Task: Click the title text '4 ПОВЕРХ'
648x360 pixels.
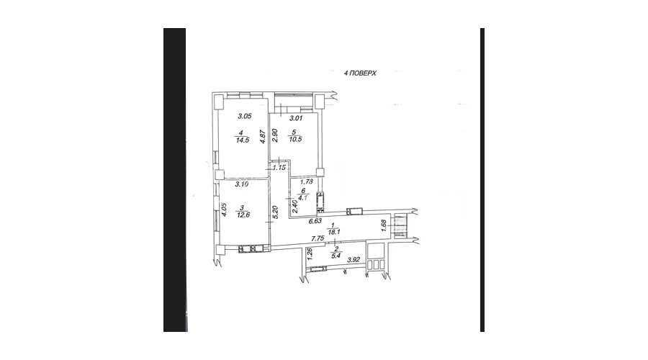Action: click(361, 73)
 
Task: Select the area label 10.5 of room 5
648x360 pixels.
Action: click(294, 140)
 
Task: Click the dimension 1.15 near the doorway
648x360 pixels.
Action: click(279, 168)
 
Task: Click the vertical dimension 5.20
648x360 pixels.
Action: click(275, 214)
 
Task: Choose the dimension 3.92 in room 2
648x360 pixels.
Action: click(354, 258)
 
